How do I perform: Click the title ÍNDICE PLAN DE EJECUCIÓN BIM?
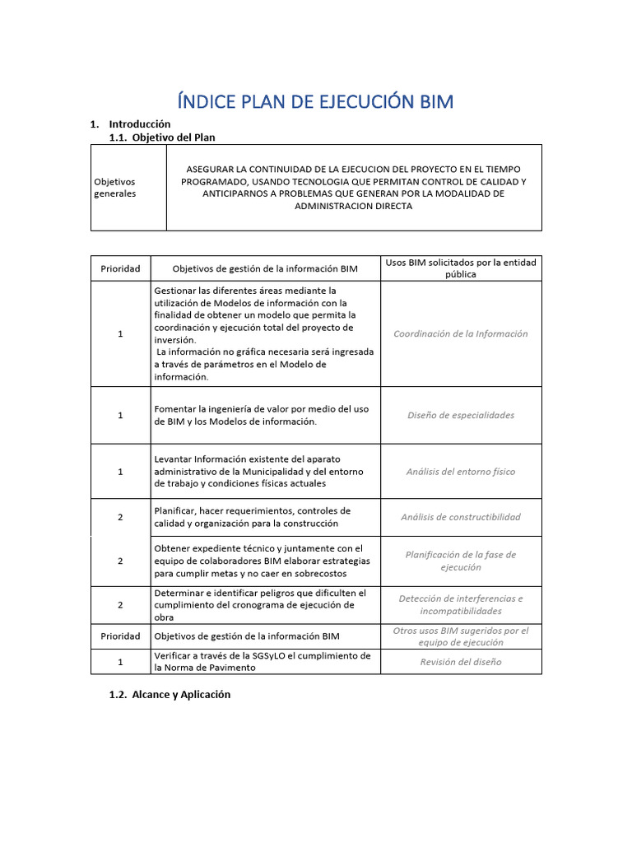coord(315,101)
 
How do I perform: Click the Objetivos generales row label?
coord(114,187)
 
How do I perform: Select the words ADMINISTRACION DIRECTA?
coord(354,206)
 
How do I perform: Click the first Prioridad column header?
coord(120,268)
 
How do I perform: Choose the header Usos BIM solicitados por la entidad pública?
coord(461,268)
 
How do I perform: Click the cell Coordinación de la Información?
coord(461,333)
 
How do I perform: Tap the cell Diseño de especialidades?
coord(461,415)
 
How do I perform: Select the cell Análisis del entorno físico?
coord(461,472)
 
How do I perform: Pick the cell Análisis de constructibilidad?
coord(461,517)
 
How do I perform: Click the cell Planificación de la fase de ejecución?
coord(461,561)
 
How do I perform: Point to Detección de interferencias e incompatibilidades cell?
coord(461,604)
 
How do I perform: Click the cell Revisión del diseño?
coord(461,661)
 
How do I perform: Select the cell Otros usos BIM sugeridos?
coord(461,636)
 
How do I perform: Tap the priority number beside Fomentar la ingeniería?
coord(120,415)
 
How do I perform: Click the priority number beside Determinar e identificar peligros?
coord(120,604)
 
